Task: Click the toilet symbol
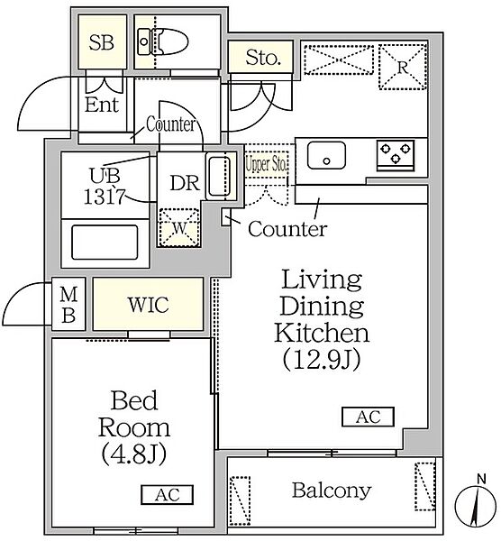pyautogui.click(x=163, y=42)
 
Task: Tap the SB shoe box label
pyautogui.click(x=102, y=42)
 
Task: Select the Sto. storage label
pyautogui.click(x=263, y=58)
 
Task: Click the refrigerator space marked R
pyautogui.click(x=403, y=67)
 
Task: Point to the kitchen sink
pyautogui.click(x=326, y=155)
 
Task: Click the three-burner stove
pyautogui.click(x=396, y=155)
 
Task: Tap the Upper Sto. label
pyautogui.click(x=266, y=164)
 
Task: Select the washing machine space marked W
pyautogui.click(x=179, y=227)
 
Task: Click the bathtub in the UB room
pyautogui.click(x=105, y=243)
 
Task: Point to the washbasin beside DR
pyautogui.click(x=218, y=177)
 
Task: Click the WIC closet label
pyautogui.click(x=149, y=305)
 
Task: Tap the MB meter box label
pyautogui.click(x=68, y=305)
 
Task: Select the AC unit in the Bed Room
pyautogui.click(x=167, y=495)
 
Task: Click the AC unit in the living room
pyautogui.click(x=368, y=417)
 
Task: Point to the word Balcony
pyautogui.click(x=332, y=491)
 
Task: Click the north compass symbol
pyautogui.click(x=478, y=504)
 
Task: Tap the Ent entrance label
pyautogui.click(x=102, y=105)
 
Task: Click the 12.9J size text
pyautogui.click(x=322, y=359)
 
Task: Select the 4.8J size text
pyautogui.click(x=133, y=454)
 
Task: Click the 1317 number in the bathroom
pyautogui.click(x=104, y=197)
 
